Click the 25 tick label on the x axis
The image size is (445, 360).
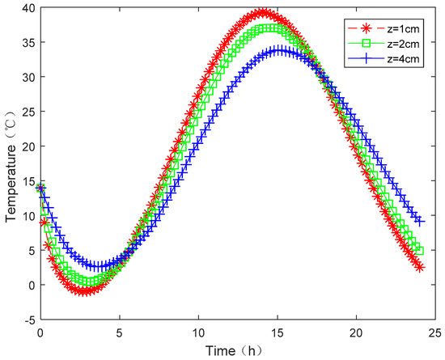pos(435,332)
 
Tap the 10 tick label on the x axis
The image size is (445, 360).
pos(198,332)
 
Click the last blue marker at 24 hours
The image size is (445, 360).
pos(419,221)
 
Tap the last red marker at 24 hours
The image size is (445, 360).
pos(419,267)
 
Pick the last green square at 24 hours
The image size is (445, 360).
pos(419,250)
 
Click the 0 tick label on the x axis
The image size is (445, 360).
pos(40,332)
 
